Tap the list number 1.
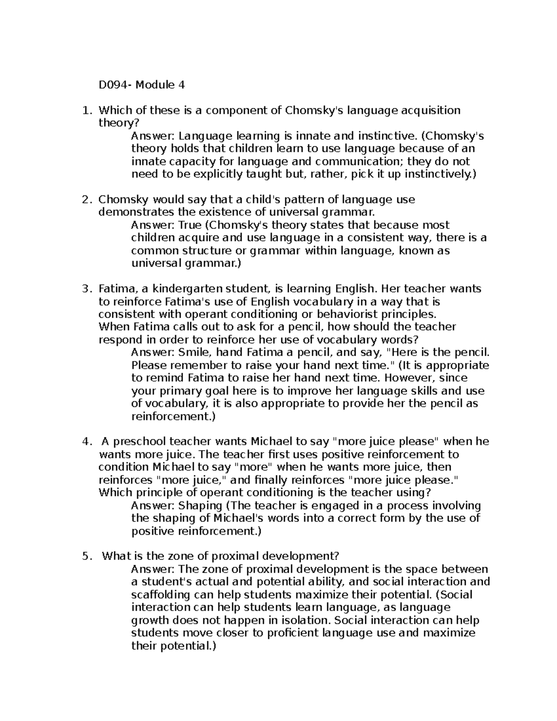tap(85, 110)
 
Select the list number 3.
tap(85, 289)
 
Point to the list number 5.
tap(85, 556)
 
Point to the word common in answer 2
tap(155, 251)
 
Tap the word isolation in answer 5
tap(304, 621)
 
